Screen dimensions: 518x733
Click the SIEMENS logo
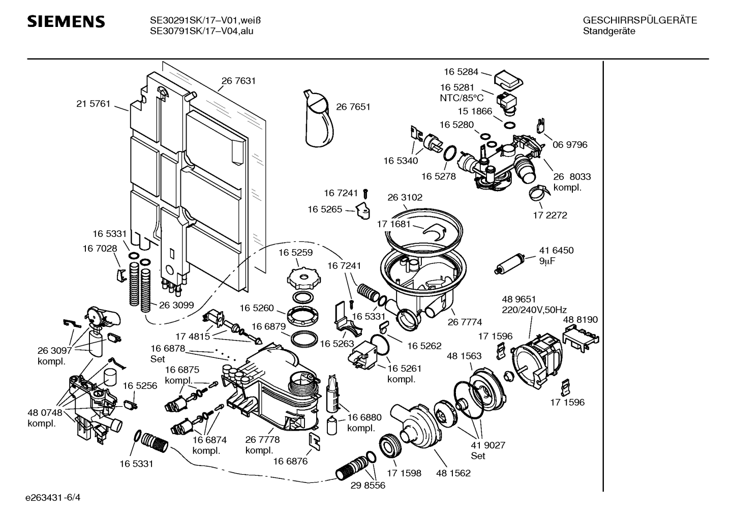click(66, 21)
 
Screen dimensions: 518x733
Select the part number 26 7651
click(353, 107)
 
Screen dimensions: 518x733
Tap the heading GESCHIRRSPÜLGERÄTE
click(639, 20)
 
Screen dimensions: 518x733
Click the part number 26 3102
click(405, 197)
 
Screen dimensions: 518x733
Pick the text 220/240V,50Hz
click(534, 310)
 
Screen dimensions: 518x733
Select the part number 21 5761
click(93, 104)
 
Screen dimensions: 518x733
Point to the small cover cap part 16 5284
click(508, 78)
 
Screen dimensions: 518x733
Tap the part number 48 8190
click(580, 319)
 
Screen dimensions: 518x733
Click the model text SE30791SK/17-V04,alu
click(201, 31)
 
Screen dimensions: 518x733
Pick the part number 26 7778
click(262, 440)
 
